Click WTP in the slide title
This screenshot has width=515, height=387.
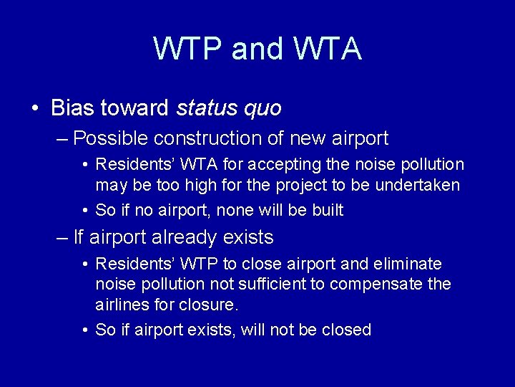click(x=187, y=49)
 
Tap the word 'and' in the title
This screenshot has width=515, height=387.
click(x=257, y=49)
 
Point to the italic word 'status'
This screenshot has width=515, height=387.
click(x=207, y=108)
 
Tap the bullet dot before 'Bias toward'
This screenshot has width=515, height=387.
click(x=35, y=109)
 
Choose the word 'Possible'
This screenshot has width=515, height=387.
click(x=109, y=138)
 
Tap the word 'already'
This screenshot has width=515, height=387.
click(x=187, y=237)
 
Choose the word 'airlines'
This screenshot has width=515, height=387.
click(x=123, y=304)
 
